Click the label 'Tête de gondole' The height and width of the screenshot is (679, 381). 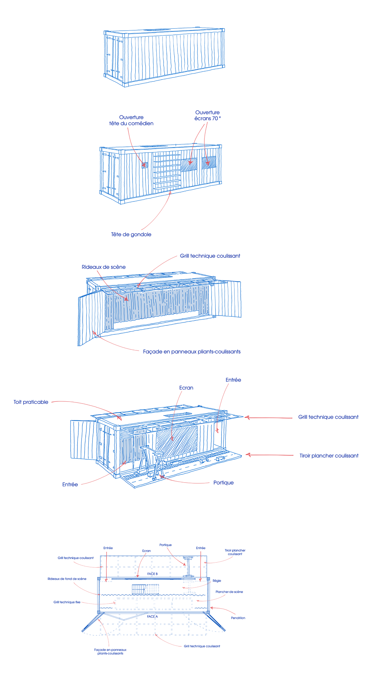click(x=131, y=234)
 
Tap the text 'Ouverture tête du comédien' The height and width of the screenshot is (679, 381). click(x=131, y=120)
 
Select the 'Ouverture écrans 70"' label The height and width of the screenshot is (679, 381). click(x=208, y=115)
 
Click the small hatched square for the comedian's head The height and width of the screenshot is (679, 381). click(x=144, y=165)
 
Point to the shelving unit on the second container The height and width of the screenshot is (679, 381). click(x=167, y=172)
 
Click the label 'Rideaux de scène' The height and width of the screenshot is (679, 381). click(x=103, y=267)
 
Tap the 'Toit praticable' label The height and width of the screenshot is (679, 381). click(x=31, y=402)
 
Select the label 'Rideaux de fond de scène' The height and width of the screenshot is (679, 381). click(x=67, y=579)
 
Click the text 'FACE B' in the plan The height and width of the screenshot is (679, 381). click(x=153, y=574)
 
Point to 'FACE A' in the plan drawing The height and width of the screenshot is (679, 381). click(x=153, y=616)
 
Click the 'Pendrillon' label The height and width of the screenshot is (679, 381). click(x=238, y=618)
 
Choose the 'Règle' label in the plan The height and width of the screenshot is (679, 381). click(x=217, y=581)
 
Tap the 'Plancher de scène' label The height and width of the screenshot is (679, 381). click(x=229, y=592)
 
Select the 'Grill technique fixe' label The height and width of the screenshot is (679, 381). click(x=67, y=602)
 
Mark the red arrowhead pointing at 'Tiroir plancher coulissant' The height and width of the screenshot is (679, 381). click(x=248, y=454)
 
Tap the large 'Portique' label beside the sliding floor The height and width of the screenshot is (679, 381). click(x=224, y=483)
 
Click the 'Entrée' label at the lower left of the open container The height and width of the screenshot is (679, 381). click(x=70, y=484)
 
